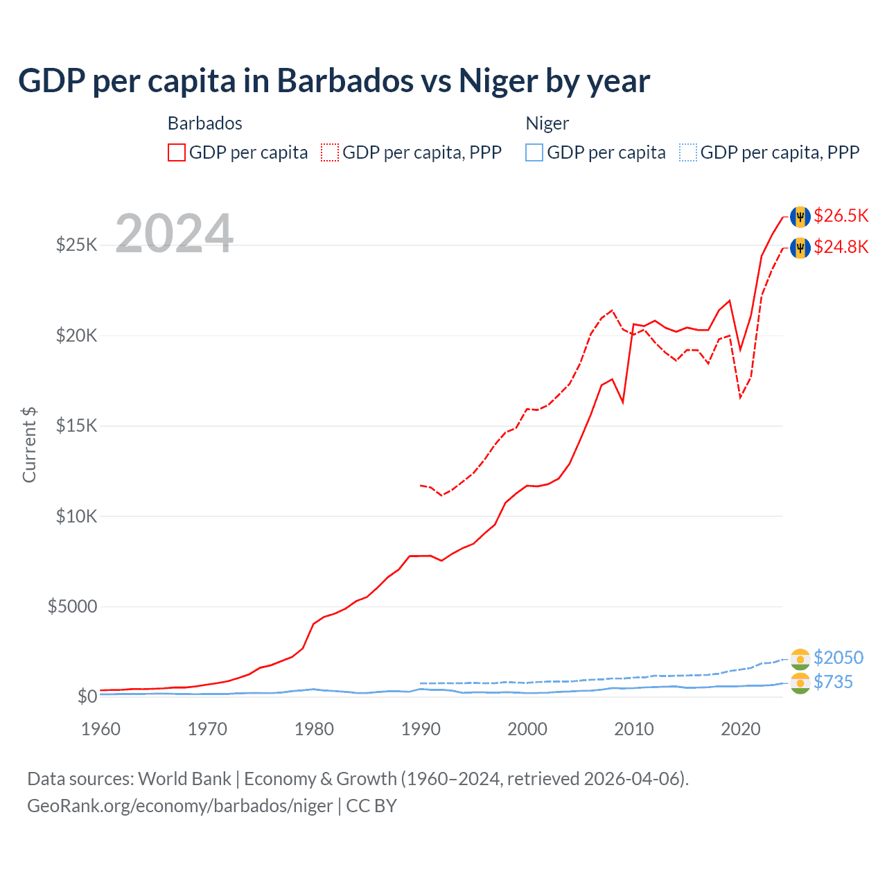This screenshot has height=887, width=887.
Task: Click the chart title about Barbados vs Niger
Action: [x=333, y=81]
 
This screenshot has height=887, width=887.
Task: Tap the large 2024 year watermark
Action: [x=174, y=234]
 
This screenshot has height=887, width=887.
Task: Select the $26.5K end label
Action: [x=841, y=216]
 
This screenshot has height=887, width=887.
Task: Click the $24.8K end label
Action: [x=841, y=247]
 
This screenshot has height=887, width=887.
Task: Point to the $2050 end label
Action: [x=838, y=658]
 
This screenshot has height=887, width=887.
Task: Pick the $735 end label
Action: [x=833, y=682]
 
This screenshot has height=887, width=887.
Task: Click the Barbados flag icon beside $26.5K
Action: [x=800, y=216]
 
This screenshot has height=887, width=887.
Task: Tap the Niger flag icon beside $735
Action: [x=800, y=683]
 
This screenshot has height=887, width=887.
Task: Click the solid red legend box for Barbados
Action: [x=177, y=152]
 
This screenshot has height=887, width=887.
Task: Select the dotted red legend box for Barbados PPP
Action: [x=330, y=152]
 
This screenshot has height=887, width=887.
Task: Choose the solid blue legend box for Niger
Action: [x=534, y=152]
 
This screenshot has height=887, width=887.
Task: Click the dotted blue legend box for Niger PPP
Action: [x=688, y=152]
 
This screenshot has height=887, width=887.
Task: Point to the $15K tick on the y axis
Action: [x=77, y=425]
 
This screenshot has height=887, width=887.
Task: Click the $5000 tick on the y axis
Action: [x=72, y=607]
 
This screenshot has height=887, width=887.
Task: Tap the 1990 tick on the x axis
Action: [x=421, y=729]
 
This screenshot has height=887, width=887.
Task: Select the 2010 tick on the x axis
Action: [x=634, y=729]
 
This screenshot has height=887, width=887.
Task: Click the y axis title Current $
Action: [x=29, y=445]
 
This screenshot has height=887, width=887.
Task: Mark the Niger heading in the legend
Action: [x=547, y=123]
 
